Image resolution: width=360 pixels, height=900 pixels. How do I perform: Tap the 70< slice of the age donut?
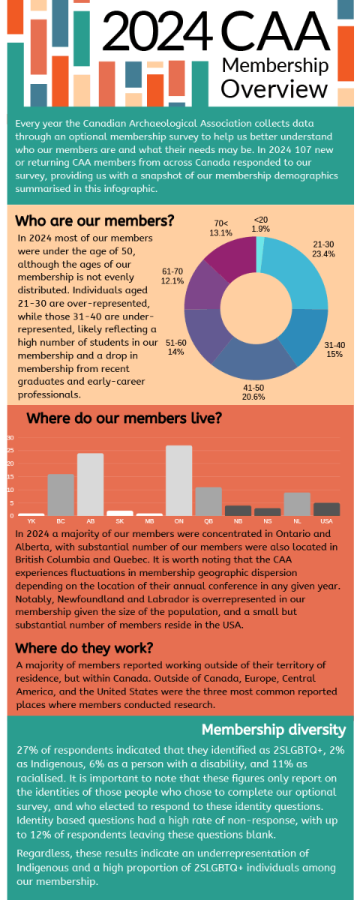229,259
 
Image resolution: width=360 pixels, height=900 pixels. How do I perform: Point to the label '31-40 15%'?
334,349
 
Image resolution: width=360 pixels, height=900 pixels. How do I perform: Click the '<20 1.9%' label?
261,223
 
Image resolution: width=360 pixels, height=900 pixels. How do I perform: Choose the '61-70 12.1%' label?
172,276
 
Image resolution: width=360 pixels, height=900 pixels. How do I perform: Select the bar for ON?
178,480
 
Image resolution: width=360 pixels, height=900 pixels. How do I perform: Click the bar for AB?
90,484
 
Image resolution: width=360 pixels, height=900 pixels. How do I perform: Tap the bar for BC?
61,494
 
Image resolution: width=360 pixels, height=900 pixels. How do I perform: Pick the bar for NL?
297,504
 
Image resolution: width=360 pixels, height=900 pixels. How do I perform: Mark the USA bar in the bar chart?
326,508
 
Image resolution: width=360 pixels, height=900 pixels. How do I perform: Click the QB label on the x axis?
208,520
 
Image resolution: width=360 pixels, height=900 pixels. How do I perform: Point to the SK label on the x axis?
120,520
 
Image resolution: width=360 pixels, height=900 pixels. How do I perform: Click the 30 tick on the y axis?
10,437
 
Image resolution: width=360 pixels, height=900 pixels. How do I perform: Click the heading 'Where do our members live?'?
124,418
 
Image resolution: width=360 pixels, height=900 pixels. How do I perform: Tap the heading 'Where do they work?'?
85,647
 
